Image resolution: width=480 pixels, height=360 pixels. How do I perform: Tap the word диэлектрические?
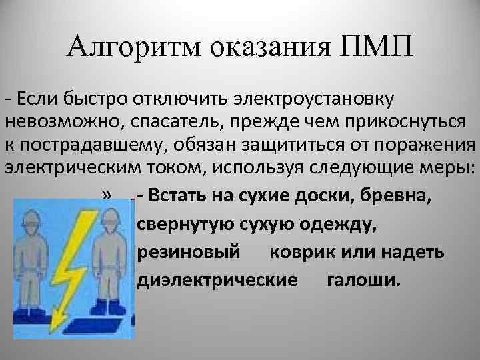coord(217,280)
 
